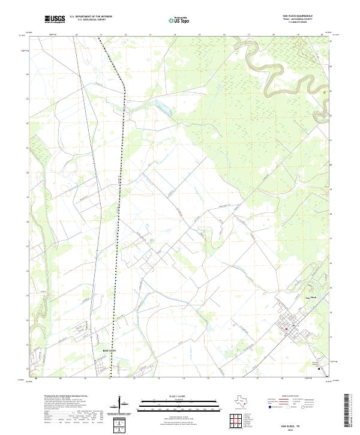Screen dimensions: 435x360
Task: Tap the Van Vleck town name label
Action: [311, 297]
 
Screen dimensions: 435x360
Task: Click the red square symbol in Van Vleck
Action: [287, 328]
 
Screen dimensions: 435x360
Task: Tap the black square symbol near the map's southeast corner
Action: [319, 369]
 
